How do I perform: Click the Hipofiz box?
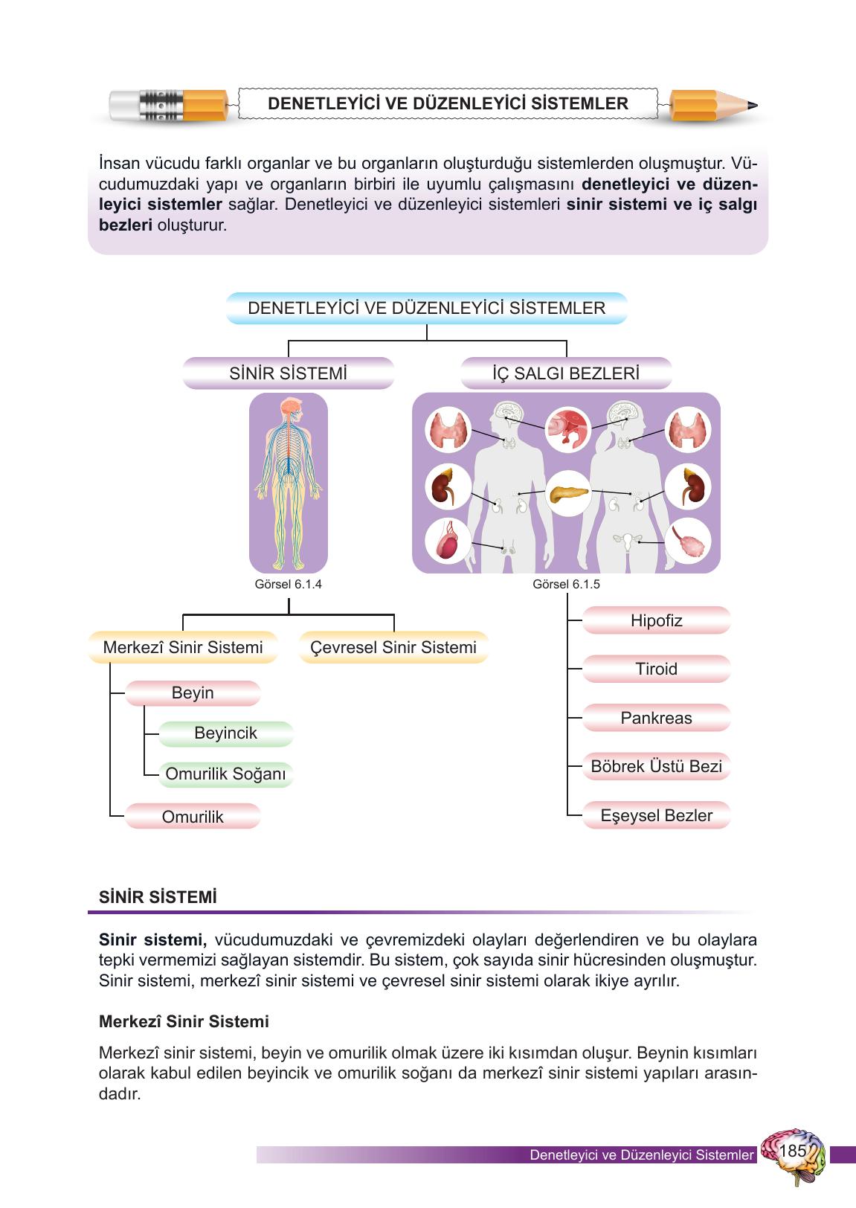[x=656, y=620]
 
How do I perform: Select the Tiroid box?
[x=656, y=669]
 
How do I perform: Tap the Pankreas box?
[x=656, y=718]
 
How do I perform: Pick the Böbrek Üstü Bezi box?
[x=656, y=766]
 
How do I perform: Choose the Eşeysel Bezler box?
[x=656, y=815]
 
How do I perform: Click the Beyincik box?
[x=226, y=733]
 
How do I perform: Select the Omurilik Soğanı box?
[x=226, y=774]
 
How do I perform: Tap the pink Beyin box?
[x=193, y=693]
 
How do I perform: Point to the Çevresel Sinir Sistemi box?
[x=393, y=647]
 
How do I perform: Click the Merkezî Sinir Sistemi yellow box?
[x=183, y=647]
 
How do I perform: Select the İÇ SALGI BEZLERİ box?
[x=566, y=373]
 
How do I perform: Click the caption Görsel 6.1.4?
[x=289, y=584]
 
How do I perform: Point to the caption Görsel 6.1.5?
[x=566, y=584]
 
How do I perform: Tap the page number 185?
[x=792, y=1150]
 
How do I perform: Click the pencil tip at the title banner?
[x=757, y=105]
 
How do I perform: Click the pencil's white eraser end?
[x=124, y=105]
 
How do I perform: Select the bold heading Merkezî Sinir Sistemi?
[x=184, y=1021]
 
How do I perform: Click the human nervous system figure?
[x=289, y=483]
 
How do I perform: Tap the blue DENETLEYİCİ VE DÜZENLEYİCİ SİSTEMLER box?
[x=426, y=308]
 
